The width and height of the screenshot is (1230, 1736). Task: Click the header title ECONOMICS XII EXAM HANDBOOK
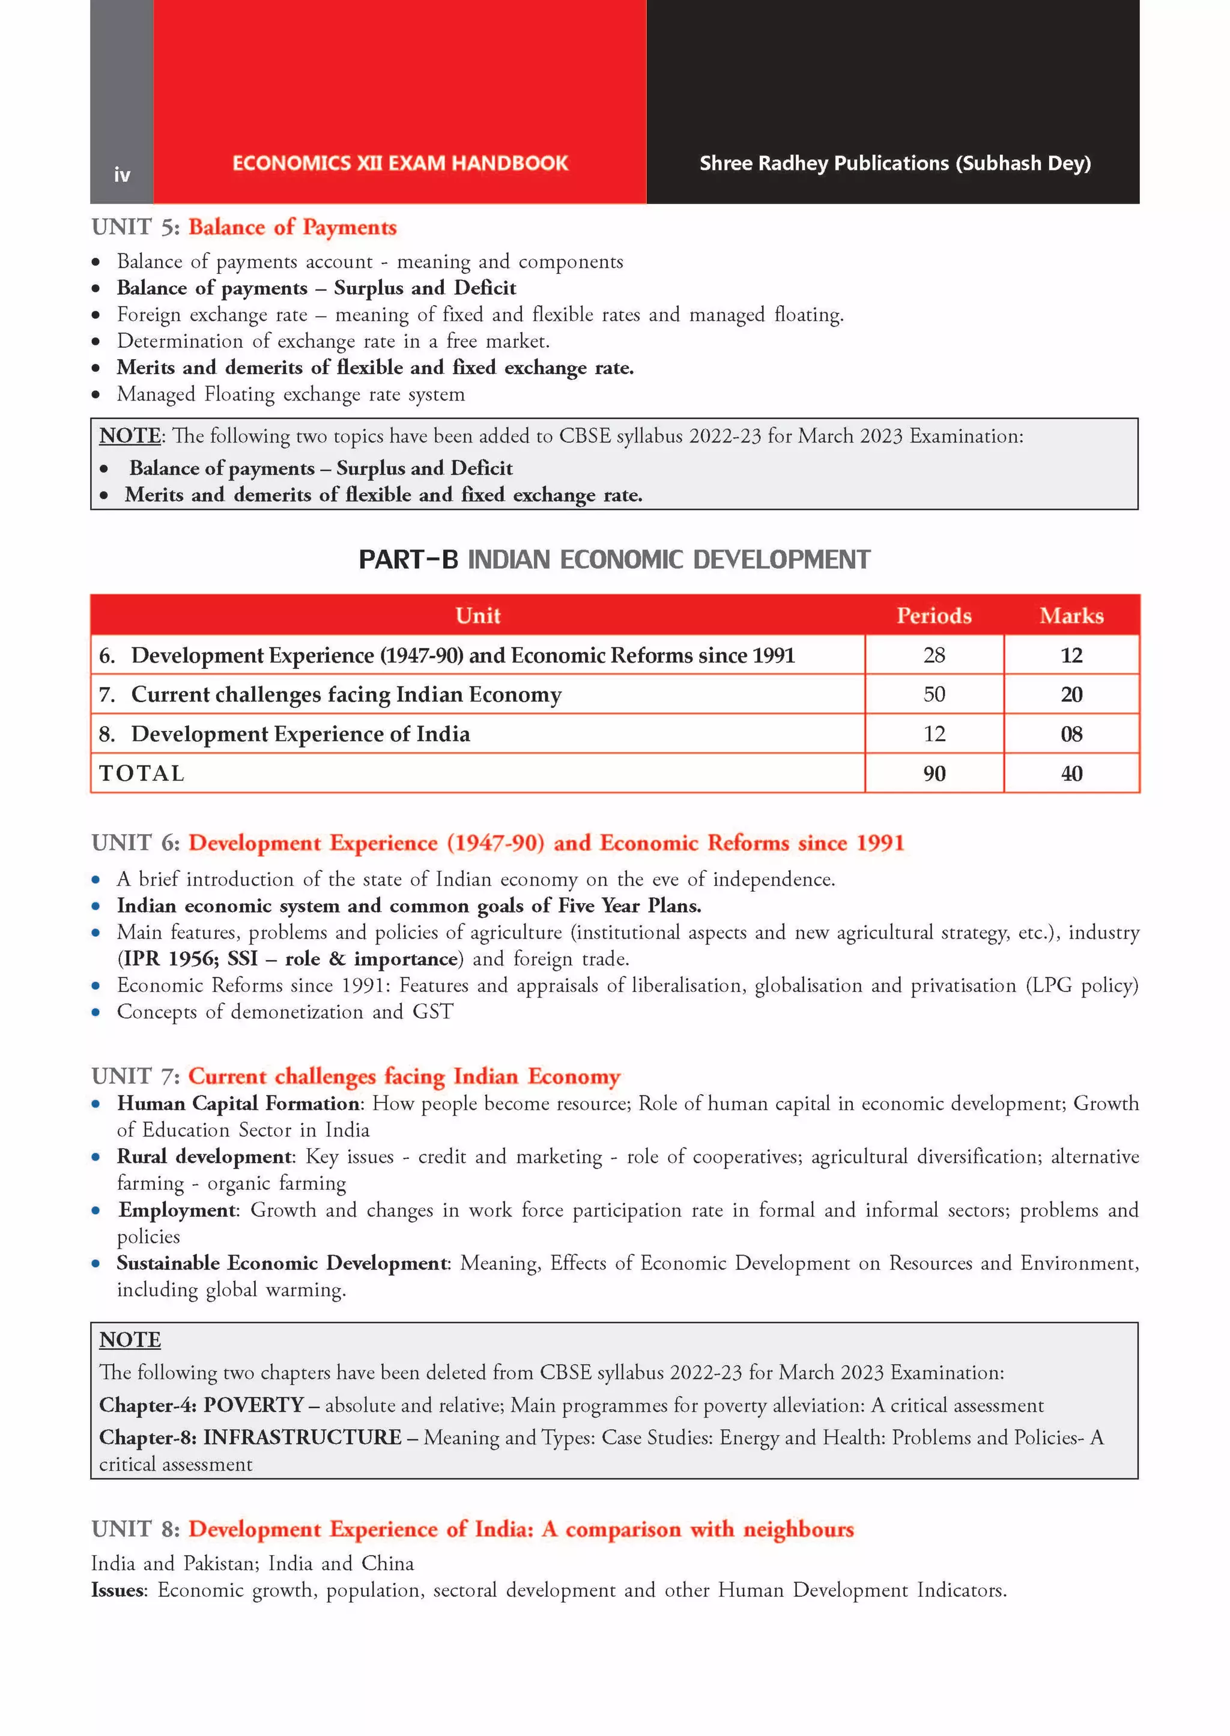pos(400,163)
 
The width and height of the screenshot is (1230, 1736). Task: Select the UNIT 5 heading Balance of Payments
pos(292,227)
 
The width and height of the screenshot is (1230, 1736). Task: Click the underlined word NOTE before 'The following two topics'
pos(130,436)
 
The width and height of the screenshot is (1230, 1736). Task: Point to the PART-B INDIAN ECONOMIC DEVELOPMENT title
pos(614,560)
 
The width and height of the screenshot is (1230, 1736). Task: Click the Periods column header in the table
pos(933,615)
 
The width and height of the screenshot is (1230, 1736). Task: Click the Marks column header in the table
pos(1071,615)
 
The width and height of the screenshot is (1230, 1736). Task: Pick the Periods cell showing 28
pos(933,655)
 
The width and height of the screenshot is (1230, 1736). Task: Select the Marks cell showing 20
pos(1071,694)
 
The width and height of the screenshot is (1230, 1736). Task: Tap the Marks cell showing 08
pos(1071,734)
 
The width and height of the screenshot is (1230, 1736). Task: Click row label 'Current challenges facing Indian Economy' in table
pos(346,694)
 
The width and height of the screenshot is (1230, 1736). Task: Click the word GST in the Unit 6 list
pos(432,1012)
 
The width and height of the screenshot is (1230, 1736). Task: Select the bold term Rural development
pos(204,1156)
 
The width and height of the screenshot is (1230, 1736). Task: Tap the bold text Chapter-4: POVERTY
pos(201,1405)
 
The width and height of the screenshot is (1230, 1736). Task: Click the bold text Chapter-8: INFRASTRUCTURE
pos(250,1437)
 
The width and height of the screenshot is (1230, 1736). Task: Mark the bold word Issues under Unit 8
pos(117,1590)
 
